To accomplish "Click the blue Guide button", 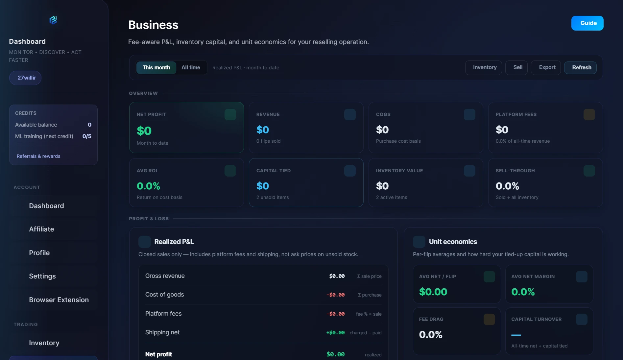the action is point(587,23).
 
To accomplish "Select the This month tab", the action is point(156,67).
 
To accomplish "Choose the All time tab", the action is point(191,67).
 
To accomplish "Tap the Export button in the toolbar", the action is point(547,67).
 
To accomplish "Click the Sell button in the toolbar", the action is point(518,67).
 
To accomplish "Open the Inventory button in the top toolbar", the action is point(485,67).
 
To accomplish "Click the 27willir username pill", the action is point(27,78).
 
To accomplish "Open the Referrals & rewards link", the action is point(38,156).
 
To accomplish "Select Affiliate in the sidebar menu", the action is point(41,229).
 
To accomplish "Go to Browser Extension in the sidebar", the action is point(59,300).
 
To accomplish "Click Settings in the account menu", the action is point(42,276).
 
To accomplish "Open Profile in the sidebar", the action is point(39,253).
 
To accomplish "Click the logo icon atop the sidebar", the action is point(53,20).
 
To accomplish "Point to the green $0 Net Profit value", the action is point(144,131).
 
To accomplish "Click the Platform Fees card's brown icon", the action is point(589,114).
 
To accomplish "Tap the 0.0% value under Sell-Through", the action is point(507,186).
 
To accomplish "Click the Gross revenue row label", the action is point(165,276).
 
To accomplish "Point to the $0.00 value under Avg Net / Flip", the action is point(433,292).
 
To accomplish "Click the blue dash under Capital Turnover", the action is point(516,335).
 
